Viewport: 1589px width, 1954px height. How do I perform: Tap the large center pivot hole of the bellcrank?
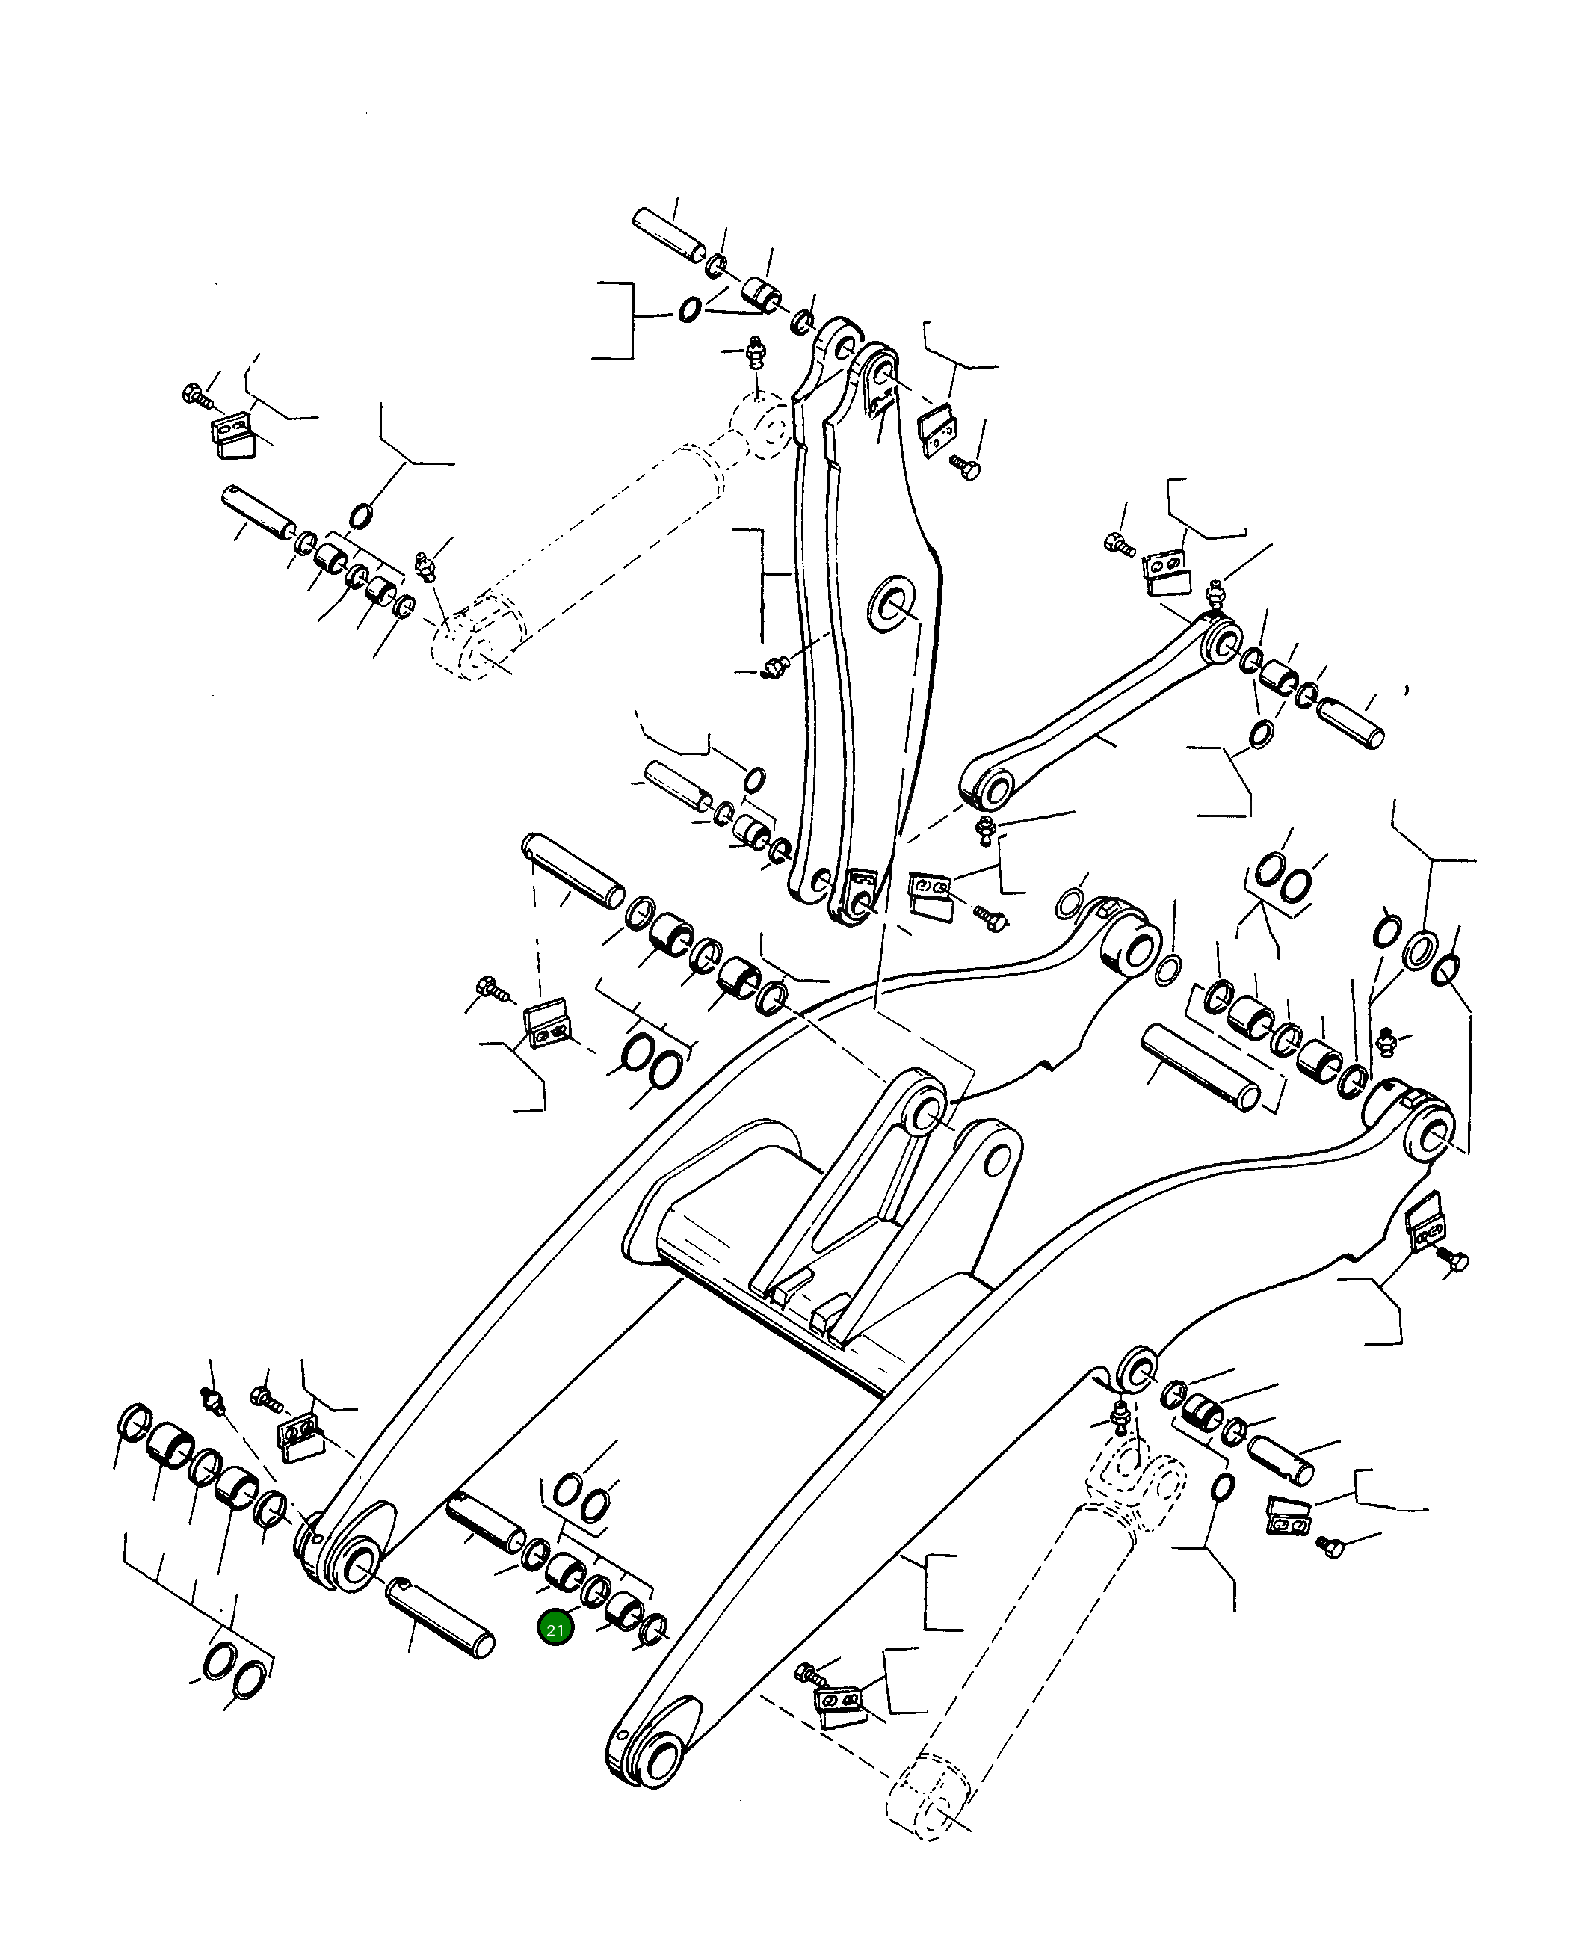(892, 604)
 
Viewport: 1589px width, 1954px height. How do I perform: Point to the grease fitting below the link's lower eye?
(985, 829)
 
